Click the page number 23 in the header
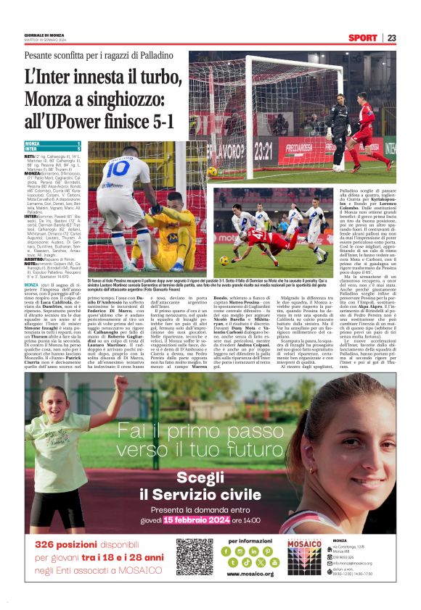point(391,38)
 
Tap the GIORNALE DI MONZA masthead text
point(45,35)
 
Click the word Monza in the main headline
point(45,99)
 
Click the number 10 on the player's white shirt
point(119,170)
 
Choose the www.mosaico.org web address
point(250,574)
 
